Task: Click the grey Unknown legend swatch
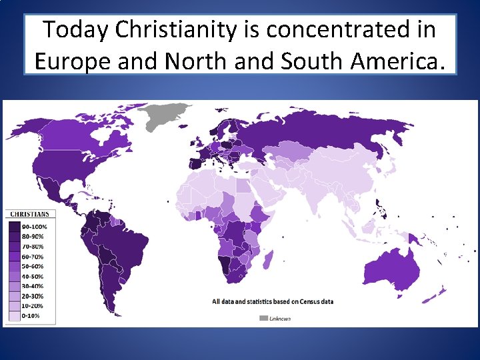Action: coord(264,318)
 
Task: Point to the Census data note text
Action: coord(273,301)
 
